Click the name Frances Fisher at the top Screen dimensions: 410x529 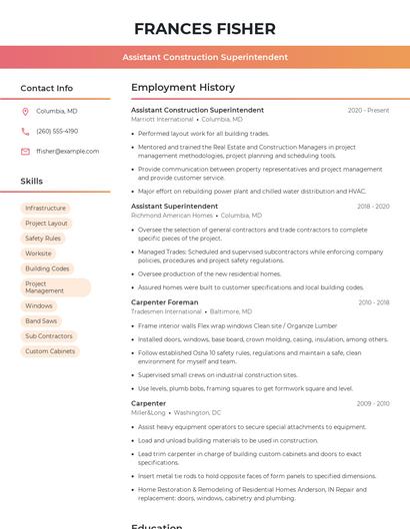pos(204,28)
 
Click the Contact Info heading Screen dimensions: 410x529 pos(46,88)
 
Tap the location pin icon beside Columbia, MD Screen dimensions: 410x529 pos(25,111)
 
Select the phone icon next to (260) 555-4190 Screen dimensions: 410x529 pos(25,131)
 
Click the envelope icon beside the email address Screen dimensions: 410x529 pos(25,151)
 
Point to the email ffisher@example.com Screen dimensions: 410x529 pos(67,151)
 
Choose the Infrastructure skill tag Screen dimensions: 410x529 pos(45,208)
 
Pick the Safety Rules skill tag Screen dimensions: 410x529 pos(43,239)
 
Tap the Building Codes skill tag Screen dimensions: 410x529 pos(47,268)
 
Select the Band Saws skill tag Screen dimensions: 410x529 pos(41,321)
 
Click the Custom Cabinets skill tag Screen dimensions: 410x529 pos(50,351)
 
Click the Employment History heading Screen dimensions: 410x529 pos(183,88)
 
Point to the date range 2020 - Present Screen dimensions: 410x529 pos(368,110)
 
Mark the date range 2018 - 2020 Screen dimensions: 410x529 pos(372,206)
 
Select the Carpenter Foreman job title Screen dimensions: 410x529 pos(164,301)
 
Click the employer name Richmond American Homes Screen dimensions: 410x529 pos(172,215)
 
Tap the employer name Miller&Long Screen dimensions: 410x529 pos(148,412)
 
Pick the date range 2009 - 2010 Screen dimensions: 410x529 pos(372,403)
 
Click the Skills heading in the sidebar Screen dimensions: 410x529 pos(31,182)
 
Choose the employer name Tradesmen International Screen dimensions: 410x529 pos(166,310)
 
